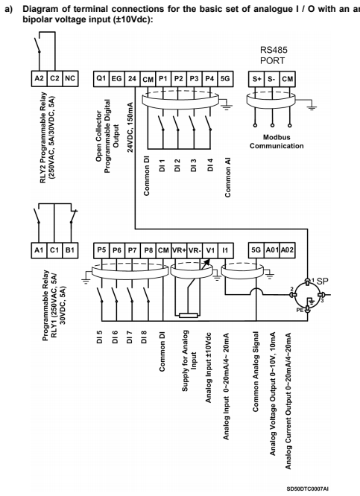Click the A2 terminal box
40,78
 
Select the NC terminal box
70,78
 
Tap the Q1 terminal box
101,79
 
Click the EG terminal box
117,79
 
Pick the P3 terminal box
195,79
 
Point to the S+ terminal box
256,79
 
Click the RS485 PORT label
273,55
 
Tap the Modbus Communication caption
277,142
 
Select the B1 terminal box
70,250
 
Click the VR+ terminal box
179,250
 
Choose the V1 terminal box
210,250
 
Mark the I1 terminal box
226,250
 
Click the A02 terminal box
288,250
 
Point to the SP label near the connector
322,282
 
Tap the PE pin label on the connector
300,310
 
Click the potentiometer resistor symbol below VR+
189,315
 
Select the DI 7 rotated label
130,337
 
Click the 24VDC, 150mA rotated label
130,127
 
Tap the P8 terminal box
148,250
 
